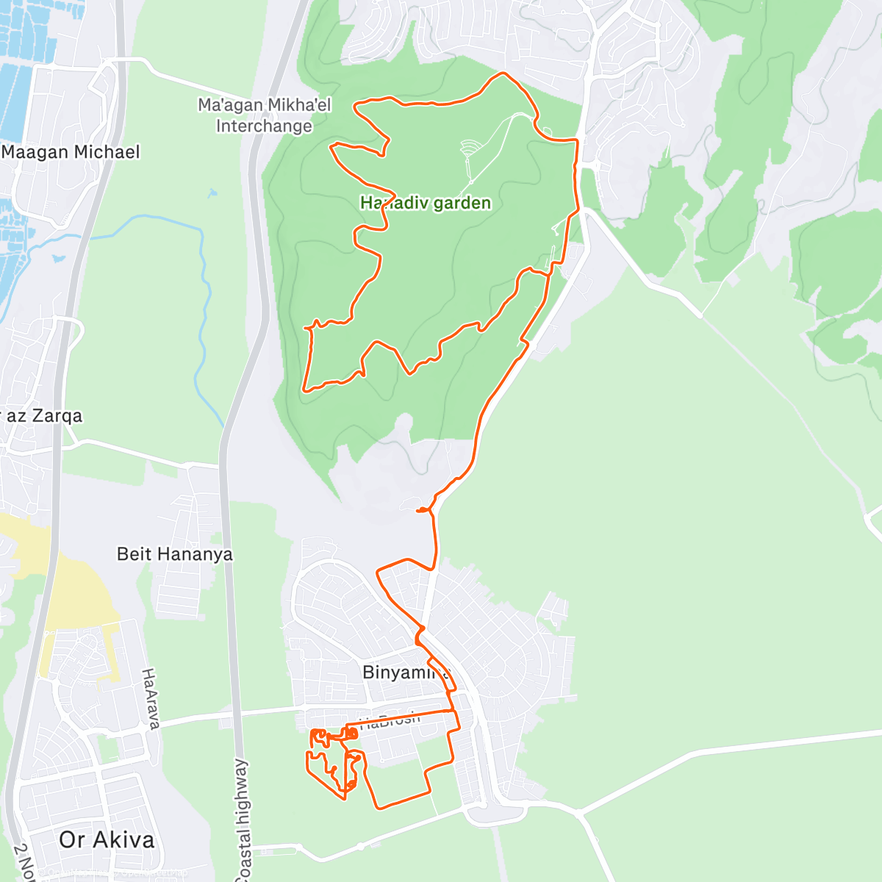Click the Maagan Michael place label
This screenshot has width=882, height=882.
pyautogui.click(x=71, y=152)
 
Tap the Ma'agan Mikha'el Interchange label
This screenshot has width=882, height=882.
pyautogui.click(x=265, y=115)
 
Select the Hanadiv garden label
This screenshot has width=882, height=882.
pyautogui.click(x=426, y=203)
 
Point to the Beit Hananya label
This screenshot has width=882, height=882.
pyautogui.click(x=175, y=554)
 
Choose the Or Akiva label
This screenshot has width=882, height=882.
pyautogui.click(x=107, y=840)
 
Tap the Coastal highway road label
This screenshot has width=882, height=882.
pyautogui.click(x=243, y=820)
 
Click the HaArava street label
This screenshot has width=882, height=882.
pyautogui.click(x=150, y=698)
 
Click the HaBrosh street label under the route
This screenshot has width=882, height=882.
pyautogui.click(x=390, y=720)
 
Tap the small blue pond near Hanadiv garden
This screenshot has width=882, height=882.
pyautogui.click(x=213, y=194)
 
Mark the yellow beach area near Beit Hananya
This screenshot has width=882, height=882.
pyautogui.click(x=73, y=588)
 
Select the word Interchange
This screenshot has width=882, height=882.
pyautogui.click(x=264, y=126)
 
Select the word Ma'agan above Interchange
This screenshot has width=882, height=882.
pyautogui.click(x=230, y=105)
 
